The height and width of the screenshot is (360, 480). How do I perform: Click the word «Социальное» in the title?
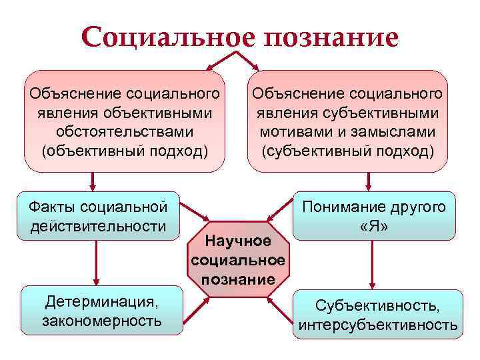pyautogui.click(x=168, y=36)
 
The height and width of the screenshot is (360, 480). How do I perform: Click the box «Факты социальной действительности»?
pyautogui.click(x=99, y=215)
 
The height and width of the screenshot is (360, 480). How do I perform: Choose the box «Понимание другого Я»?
pyautogui.click(x=374, y=217)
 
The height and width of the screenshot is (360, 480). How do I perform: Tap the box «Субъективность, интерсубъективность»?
pyautogui.click(x=377, y=315)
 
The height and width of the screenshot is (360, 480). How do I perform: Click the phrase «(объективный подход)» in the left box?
pyautogui.click(x=125, y=151)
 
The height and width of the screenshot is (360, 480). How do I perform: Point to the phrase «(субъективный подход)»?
pyautogui.click(x=349, y=151)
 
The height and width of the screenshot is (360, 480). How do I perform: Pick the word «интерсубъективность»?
pyautogui.click(x=378, y=325)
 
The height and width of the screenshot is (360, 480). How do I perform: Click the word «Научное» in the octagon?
pyautogui.click(x=239, y=240)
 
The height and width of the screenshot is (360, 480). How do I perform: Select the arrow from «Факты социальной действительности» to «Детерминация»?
pyautogui.click(x=99, y=263)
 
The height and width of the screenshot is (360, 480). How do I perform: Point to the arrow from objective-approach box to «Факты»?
pyautogui.click(x=93, y=181)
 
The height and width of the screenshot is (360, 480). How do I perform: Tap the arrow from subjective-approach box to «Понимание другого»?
pyautogui.click(x=368, y=182)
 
